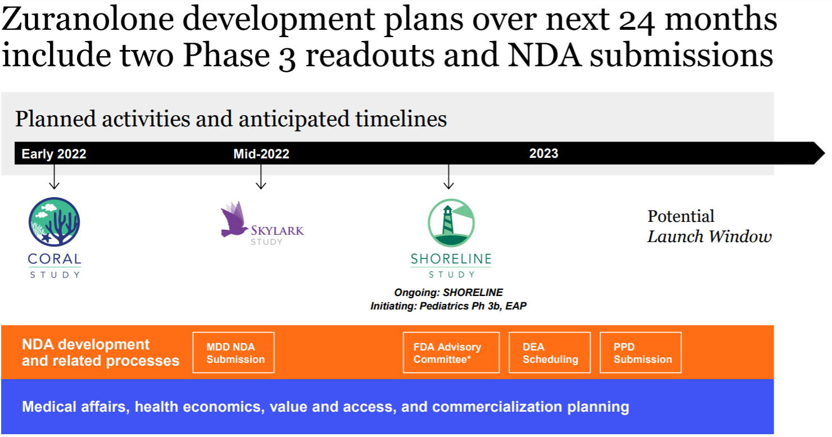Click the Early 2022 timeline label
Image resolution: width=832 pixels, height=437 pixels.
click(x=54, y=154)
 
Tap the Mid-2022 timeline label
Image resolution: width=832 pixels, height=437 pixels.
click(x=261, y=154)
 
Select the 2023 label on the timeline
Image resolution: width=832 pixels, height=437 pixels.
click(x=543, y=153)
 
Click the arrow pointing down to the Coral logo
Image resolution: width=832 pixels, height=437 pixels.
click(x=54, y=177)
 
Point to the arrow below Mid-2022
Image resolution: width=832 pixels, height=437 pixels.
click(x=261, y=177)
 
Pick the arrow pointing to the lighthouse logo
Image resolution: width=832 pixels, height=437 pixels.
click(x=449, y=177)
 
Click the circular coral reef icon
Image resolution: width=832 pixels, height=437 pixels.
click(x=54, y=222)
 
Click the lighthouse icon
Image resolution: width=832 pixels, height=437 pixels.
click(x=451, y=223)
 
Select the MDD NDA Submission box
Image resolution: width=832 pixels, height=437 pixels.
click(x=234, y=352)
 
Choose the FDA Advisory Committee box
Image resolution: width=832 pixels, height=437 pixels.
click(x=451, y=352)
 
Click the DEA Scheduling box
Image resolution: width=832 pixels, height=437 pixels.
click(x=550, y=352)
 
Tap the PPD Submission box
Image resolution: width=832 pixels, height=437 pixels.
click(x=641, y=352)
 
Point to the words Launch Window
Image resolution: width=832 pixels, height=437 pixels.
click(x=710, y=236)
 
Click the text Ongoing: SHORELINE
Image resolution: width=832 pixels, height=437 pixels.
click(x=448, y=293)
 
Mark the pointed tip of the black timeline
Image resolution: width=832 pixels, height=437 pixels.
click(x=825, y=153)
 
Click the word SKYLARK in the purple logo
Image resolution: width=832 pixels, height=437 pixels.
click(x=278, y=230)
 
